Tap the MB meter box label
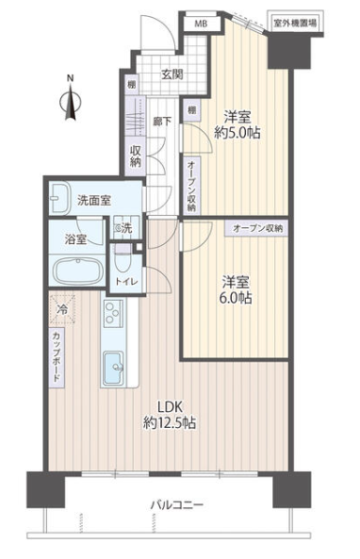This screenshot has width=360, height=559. tap(201, 25)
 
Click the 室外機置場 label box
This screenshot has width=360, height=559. tap(295, 24)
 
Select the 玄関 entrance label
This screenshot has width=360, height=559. tap(172, 74)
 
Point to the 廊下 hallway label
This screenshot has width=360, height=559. tap(162, 122)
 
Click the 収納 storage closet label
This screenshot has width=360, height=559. tap(136, 156)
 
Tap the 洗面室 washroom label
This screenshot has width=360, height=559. tap(94, 201)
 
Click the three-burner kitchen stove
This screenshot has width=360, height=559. tap(114, 313)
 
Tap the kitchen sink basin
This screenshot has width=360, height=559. tap(113, 369)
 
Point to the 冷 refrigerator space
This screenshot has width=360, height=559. tap(62, 309)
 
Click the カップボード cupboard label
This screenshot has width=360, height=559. tap(57, 357)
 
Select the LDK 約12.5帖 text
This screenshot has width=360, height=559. tap(170, 415)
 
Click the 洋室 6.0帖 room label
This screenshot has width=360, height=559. tap(236, 289)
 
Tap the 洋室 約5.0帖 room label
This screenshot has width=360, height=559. tap(237, 124)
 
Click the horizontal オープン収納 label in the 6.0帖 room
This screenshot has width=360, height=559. tap(257, 228)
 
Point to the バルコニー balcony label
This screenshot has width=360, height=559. tap(177, 505)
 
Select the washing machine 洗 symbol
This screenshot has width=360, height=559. tap(123, 228)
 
